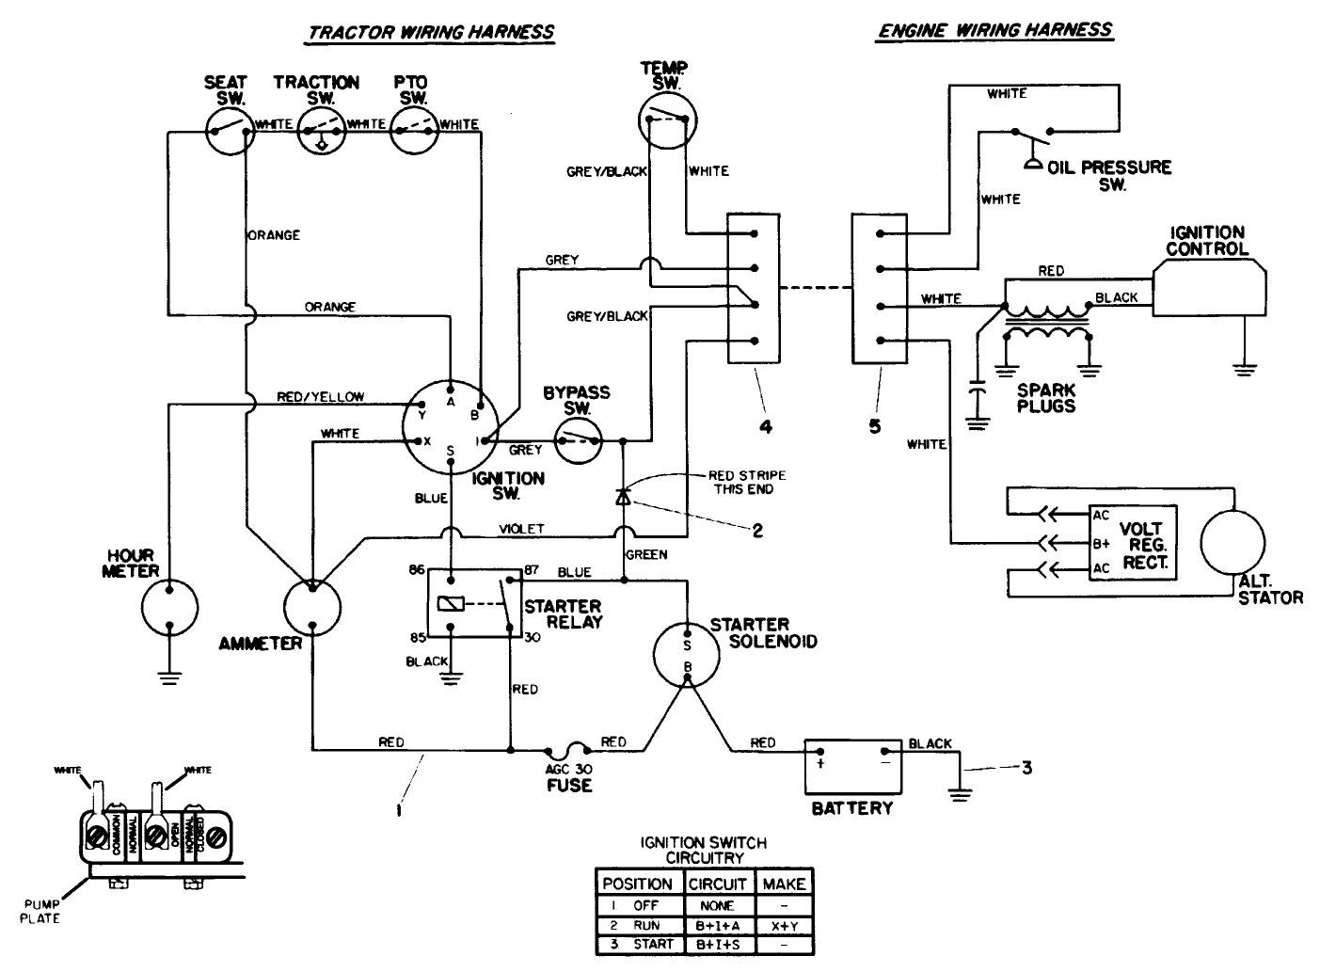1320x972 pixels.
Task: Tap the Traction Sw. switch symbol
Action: click(322, 130)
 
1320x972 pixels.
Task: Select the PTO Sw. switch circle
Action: click(414, 130)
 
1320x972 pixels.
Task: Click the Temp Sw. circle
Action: click(665, 119)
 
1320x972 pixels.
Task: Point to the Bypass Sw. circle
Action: click(578, 440)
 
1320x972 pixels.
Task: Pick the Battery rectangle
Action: click(852, 766)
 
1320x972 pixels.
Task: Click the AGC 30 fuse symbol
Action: click(568, 750)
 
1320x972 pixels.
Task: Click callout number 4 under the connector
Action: click(766, 426)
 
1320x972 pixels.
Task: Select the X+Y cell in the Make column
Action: click(784, 925)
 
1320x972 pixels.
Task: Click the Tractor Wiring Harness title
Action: click(432, 31)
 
